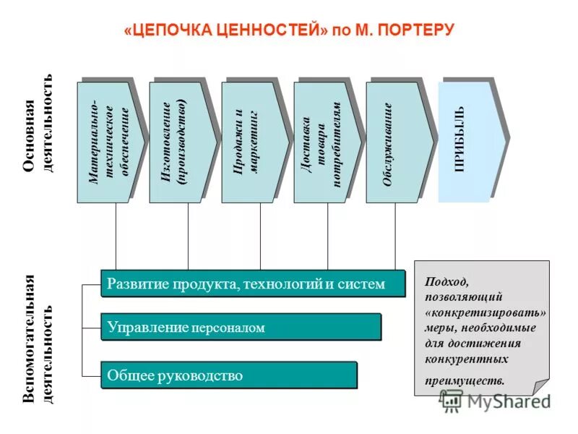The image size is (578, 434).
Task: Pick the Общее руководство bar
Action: [228, 375]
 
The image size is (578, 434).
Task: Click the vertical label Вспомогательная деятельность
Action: [38, 339]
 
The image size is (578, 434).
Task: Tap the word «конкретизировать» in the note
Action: [486, 312]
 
